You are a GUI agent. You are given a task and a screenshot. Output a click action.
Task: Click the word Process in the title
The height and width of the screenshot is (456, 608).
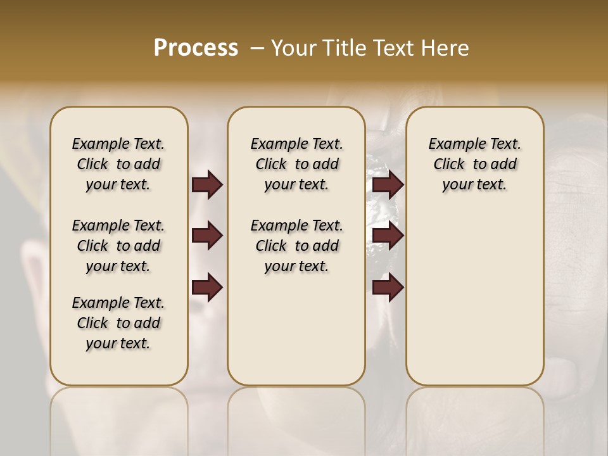click(x=196, y=47)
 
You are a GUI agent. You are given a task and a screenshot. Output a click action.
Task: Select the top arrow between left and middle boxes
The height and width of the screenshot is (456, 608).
click(x=207, y=185)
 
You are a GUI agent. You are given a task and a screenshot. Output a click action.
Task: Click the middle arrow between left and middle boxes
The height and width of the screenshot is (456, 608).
click(x=207, y=236)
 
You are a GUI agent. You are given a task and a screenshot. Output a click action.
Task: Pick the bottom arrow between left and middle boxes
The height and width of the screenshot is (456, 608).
click(x=207, y=287)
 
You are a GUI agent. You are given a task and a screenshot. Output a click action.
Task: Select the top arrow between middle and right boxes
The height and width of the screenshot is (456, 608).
click(x=388, y=185)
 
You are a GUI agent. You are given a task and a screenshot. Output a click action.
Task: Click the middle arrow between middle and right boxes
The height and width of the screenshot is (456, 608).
click(x=388, y=236)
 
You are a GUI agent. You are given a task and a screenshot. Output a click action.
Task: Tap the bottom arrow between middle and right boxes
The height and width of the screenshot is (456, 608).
click(x=388, y=287)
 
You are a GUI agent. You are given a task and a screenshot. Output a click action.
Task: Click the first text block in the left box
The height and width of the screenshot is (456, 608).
click(x=118, y=164)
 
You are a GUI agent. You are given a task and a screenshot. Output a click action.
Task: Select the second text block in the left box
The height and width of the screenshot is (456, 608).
click(x=118, y=246)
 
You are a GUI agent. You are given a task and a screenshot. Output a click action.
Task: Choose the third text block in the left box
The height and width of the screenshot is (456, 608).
click(x=118, y=323)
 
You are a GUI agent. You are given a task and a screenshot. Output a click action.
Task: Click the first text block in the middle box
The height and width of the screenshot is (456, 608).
click(x=296, y=164)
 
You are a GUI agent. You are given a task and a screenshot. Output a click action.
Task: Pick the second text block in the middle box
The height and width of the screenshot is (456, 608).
click(x=296, y=246)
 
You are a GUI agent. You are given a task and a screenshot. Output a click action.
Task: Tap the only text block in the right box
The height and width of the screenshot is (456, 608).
click(x=474, y=164)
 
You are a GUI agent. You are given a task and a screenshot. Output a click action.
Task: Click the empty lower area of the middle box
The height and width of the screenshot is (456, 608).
click(x=296, y=329)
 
